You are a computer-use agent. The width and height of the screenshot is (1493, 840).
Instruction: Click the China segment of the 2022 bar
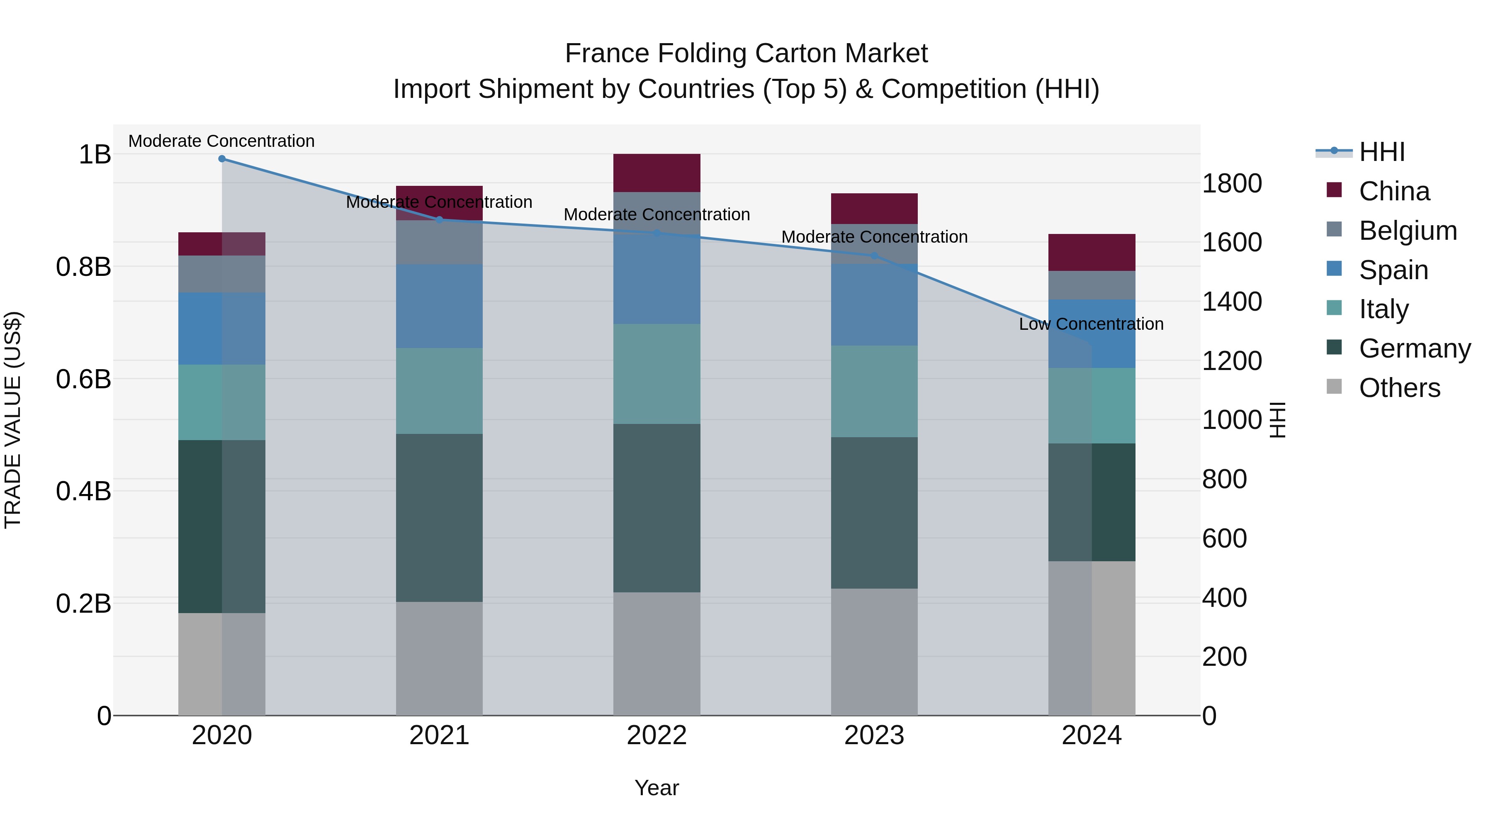[x=657, y=173]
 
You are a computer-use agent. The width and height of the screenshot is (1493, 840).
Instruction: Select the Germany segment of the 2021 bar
[x=439, y=518]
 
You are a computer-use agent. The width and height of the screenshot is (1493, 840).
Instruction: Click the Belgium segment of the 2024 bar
[x=1092, y=285]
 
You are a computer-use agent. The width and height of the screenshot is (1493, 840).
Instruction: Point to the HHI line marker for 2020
[x=222, y=159]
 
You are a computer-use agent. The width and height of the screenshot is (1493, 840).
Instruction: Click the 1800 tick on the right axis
[x=1232, y=183]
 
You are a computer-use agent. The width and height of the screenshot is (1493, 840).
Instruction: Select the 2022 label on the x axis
[x=657, y=735]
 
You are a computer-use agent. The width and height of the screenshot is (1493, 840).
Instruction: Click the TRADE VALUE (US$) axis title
[x=13, y=420]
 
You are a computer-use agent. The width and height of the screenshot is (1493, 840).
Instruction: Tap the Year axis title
[x=657, y=788]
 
